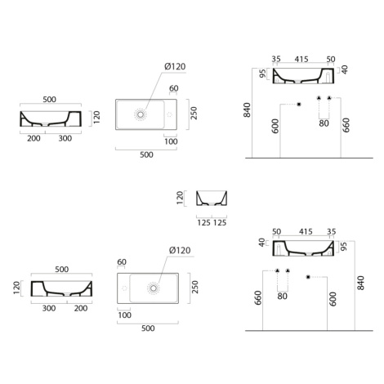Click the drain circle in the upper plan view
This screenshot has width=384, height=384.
(x=141, y=114)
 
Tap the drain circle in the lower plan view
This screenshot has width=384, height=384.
(x=154, y=288)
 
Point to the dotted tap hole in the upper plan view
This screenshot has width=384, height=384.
(x=170, y=114)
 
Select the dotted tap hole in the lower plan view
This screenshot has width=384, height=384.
(x=124, y=288)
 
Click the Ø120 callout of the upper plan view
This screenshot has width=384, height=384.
(x=175, y=66)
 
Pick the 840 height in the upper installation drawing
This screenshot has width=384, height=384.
(x=247, y=110)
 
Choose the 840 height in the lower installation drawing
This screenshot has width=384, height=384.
(x=360, y=283)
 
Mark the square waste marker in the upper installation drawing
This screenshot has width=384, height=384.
(x=299, y=105)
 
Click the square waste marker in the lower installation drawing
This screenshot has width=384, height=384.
(x=308, y=277)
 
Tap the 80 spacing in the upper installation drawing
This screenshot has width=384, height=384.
(x=324, y=123)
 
